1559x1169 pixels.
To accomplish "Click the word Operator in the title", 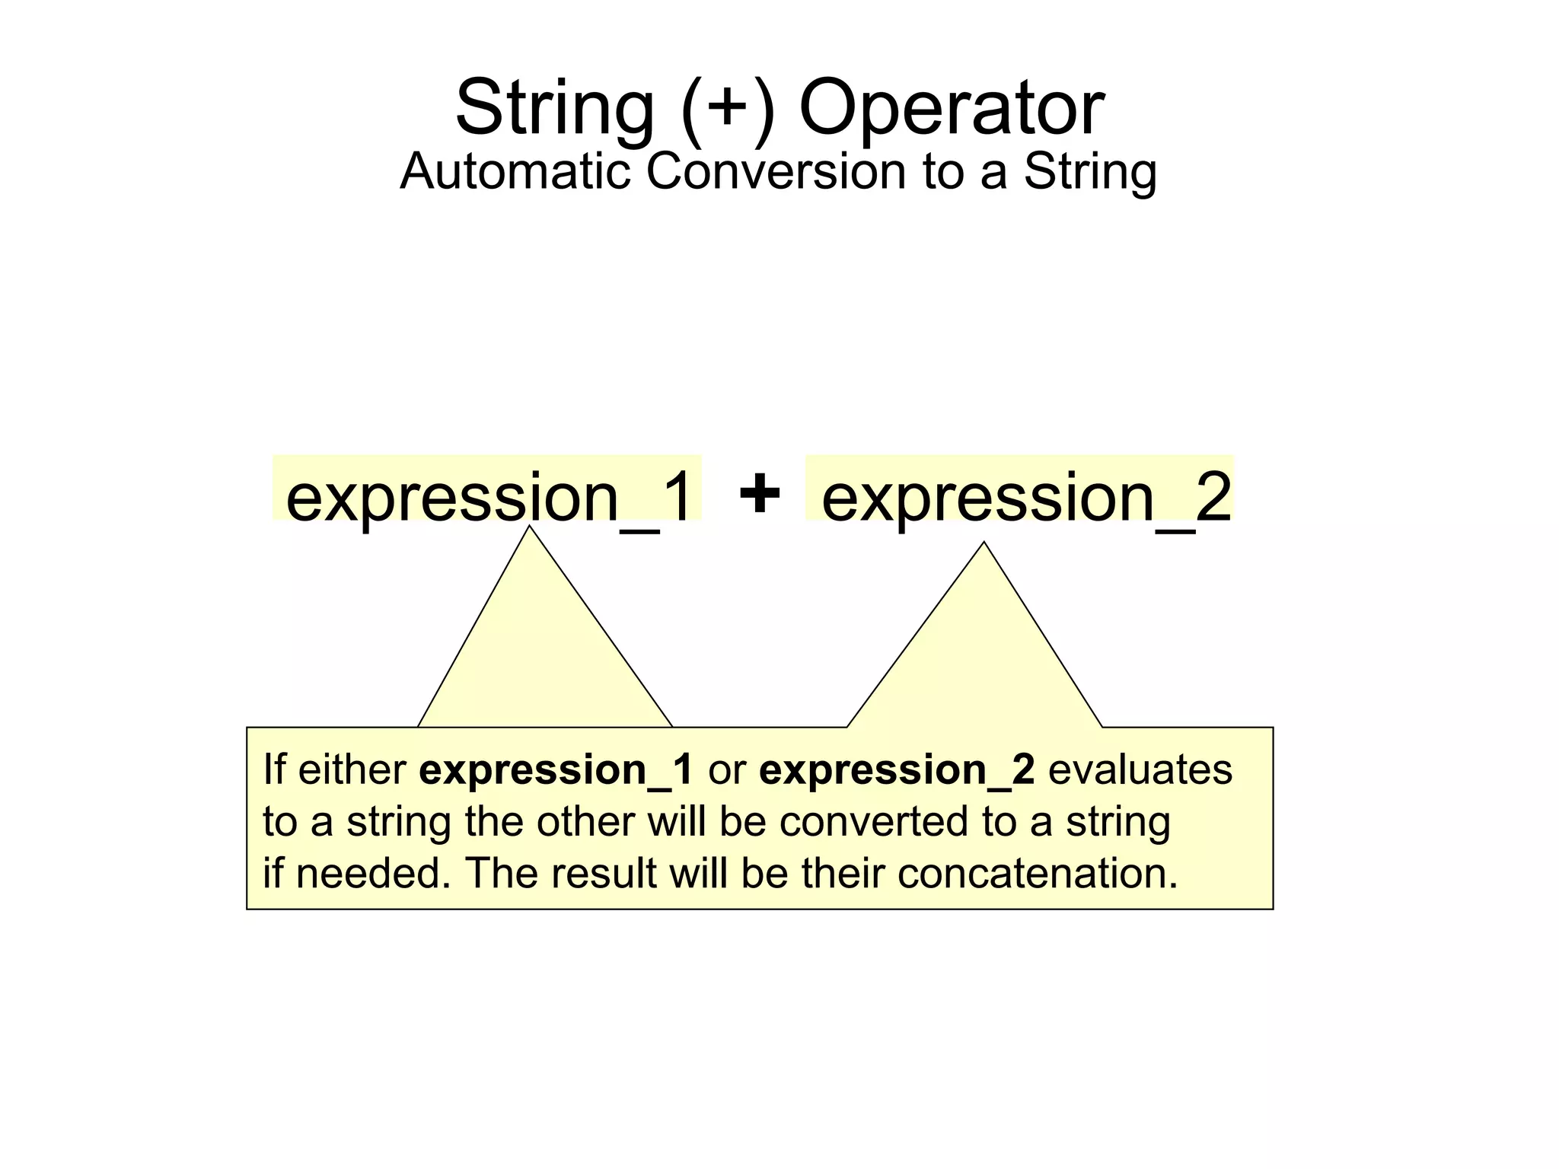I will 951,108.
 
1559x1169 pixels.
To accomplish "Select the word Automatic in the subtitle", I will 515,171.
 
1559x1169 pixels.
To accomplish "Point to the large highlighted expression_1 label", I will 489,496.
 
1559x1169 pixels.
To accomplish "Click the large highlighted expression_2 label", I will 1025,496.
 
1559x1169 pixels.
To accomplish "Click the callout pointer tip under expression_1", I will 530,530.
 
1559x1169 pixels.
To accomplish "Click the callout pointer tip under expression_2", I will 984,546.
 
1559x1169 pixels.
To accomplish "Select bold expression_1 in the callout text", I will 556,770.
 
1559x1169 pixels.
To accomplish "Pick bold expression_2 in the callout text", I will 897,770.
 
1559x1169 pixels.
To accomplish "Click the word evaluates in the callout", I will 1140,770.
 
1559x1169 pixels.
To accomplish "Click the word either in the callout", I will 352,770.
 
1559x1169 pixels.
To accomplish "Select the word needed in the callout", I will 368,873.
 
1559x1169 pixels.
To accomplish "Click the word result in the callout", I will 603,873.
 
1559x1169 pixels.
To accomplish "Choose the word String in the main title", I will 554,108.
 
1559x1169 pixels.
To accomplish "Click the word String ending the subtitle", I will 1089,171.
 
